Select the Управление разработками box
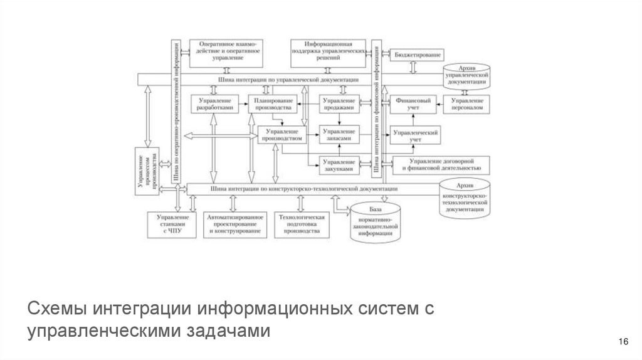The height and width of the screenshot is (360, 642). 214,104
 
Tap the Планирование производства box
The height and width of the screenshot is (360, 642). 270,104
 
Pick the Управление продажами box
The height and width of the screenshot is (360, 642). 339,104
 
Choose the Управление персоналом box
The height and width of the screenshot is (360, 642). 467,104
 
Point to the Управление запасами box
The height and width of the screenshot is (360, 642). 339,135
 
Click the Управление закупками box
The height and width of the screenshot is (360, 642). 339,164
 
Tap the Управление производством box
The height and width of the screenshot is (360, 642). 282,135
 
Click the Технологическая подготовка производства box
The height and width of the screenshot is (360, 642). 298,224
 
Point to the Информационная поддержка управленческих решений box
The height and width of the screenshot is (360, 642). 327,52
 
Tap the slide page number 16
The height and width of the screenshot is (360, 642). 623,341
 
